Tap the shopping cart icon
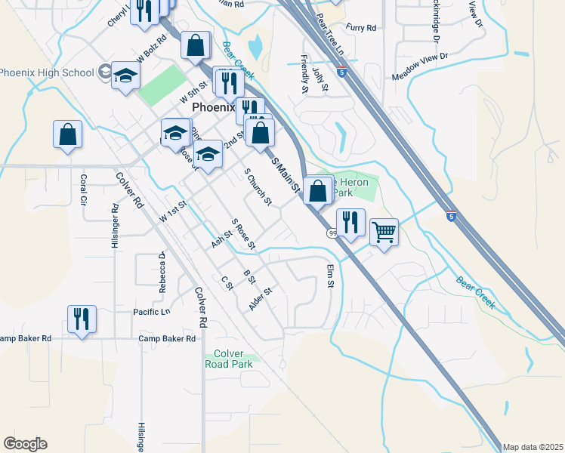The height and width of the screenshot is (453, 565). click(384, 232)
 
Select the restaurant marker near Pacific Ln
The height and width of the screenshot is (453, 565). click(82, 319)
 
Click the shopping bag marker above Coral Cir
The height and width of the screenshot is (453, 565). click(67, 134)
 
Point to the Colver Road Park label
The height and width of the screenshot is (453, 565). click(228, 359)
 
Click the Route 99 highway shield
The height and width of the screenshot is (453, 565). click(332, 234)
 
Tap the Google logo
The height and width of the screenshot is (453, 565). click(25, 444)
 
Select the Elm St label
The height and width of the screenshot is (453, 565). click(330, 276)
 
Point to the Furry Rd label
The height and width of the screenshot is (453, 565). click(361, 28)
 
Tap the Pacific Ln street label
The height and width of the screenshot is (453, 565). click(152, 312)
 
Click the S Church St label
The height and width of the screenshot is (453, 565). click(258, 186)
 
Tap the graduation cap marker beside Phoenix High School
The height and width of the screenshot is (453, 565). click(126, 75)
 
